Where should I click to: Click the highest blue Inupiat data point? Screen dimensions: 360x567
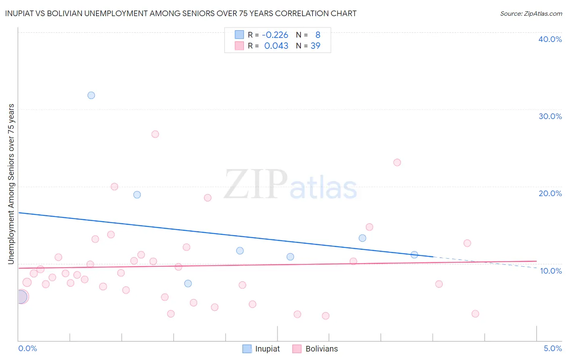click(91, 95)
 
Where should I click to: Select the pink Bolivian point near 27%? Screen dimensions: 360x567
click(155, 134)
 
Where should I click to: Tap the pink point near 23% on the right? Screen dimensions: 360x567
click(397, 162)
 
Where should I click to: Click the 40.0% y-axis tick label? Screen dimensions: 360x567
click(550, 39)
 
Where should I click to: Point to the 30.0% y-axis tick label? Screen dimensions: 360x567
click(550, 116)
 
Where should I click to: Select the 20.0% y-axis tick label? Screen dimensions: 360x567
click(550, 193)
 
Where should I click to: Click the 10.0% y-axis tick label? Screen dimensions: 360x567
click(551, 271)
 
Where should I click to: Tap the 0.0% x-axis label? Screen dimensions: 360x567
click(27, 348)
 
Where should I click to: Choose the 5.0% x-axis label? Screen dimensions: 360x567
click(553, 348)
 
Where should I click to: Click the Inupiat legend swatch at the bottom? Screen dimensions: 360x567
click(247, 349)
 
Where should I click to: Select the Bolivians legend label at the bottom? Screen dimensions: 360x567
click(321, 349)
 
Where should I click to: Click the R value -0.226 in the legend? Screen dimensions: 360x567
click(275, 35)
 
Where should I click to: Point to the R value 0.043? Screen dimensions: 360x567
click(276, 46)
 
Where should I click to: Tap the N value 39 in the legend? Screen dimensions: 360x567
click(315, 46)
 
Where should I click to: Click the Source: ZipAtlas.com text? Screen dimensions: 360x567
click(531, 14)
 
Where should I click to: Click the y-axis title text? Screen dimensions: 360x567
click(11, 184)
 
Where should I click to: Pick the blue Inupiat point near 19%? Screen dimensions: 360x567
click(137, 195)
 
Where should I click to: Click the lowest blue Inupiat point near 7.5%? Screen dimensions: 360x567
click(188, 283)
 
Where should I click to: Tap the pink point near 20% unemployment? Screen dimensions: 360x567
click(115, 186)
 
